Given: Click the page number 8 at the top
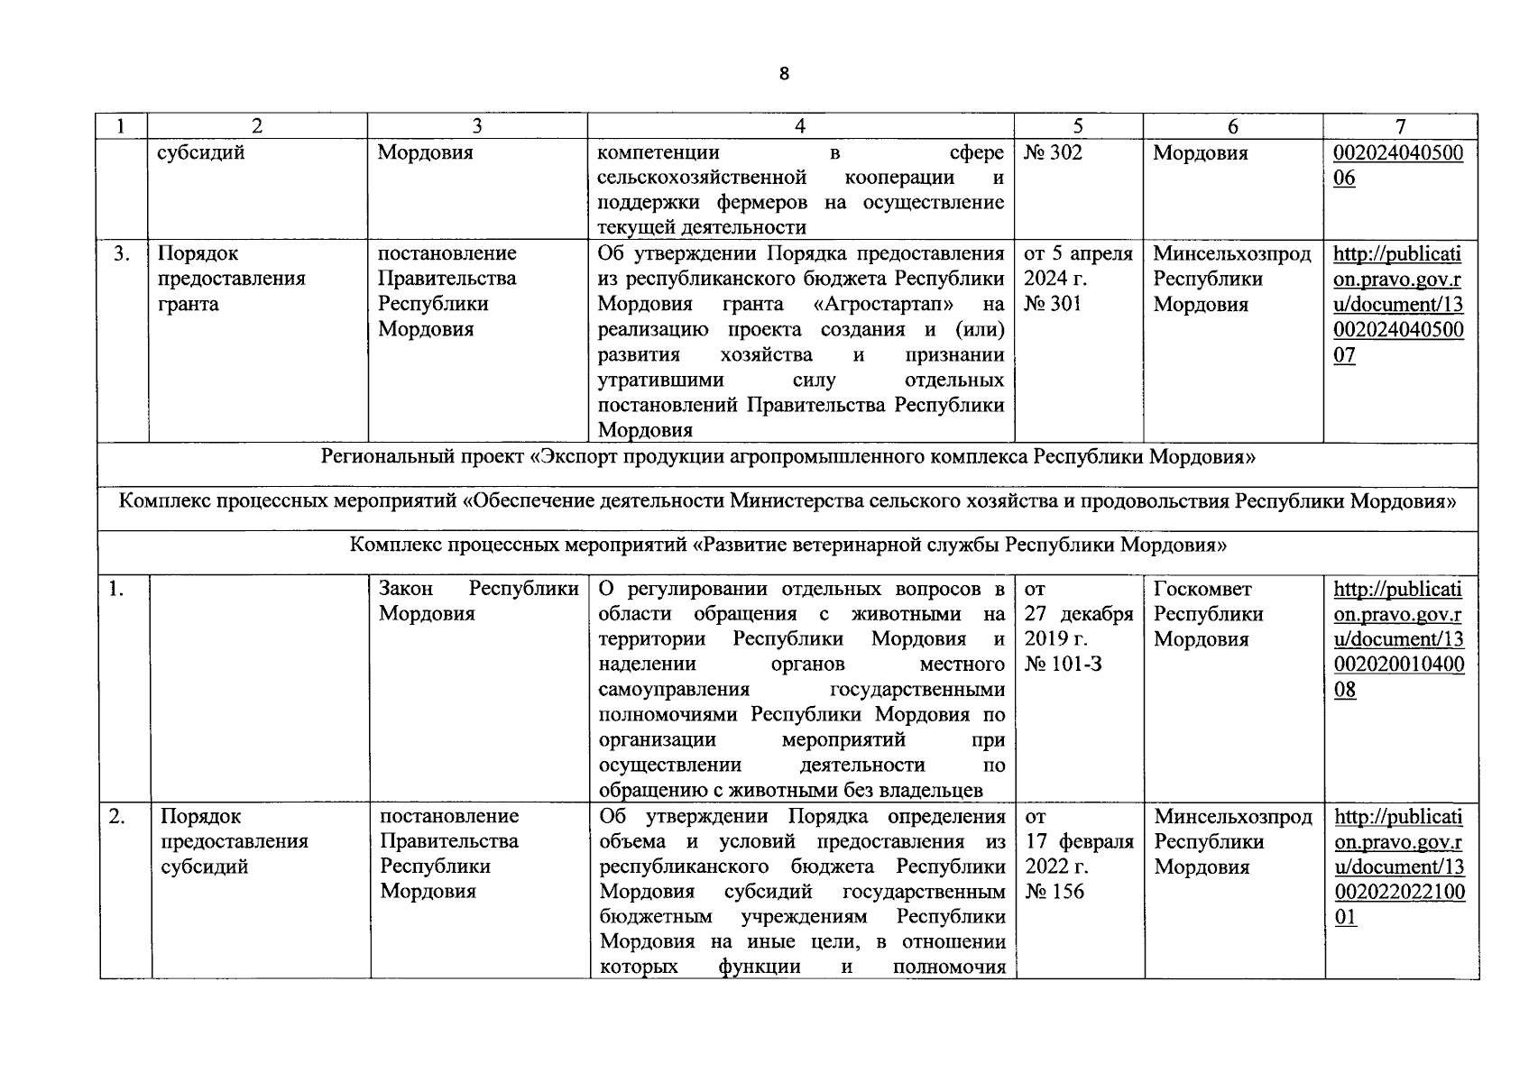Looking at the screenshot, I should (783, 74).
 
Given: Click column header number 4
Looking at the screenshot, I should (800, 127).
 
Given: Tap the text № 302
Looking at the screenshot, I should (1053, 152).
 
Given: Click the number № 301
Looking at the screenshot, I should (1053, 304).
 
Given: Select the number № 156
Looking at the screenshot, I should (1054, 892).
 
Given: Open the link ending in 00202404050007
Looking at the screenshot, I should (1398, 304).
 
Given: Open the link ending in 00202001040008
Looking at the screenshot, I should (1398, 639).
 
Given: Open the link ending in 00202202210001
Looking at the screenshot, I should (1398, 867).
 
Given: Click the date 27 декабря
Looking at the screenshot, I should (1079, 614).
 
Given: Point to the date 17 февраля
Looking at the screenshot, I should (1079, 841).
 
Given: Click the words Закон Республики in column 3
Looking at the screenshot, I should (478, 589).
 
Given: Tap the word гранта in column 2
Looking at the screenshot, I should (188, 304).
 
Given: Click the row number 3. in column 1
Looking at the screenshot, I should (122, 253).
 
